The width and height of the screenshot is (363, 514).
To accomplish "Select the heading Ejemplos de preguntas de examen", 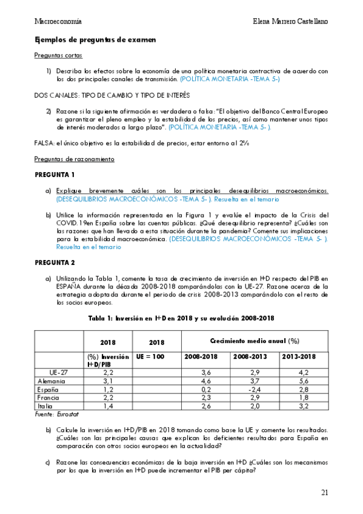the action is click(95, 39).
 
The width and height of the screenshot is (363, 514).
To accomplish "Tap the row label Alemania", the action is click(52, 381).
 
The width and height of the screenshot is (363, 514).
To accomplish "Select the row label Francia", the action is click(49, 398).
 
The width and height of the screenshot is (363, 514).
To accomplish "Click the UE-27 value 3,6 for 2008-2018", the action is click(206, 372).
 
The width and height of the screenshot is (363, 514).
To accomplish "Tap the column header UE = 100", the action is click(151, 357).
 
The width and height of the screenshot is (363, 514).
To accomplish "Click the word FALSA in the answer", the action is click(45, 143).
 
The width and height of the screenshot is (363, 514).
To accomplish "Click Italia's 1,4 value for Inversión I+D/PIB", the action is click(108, 407).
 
